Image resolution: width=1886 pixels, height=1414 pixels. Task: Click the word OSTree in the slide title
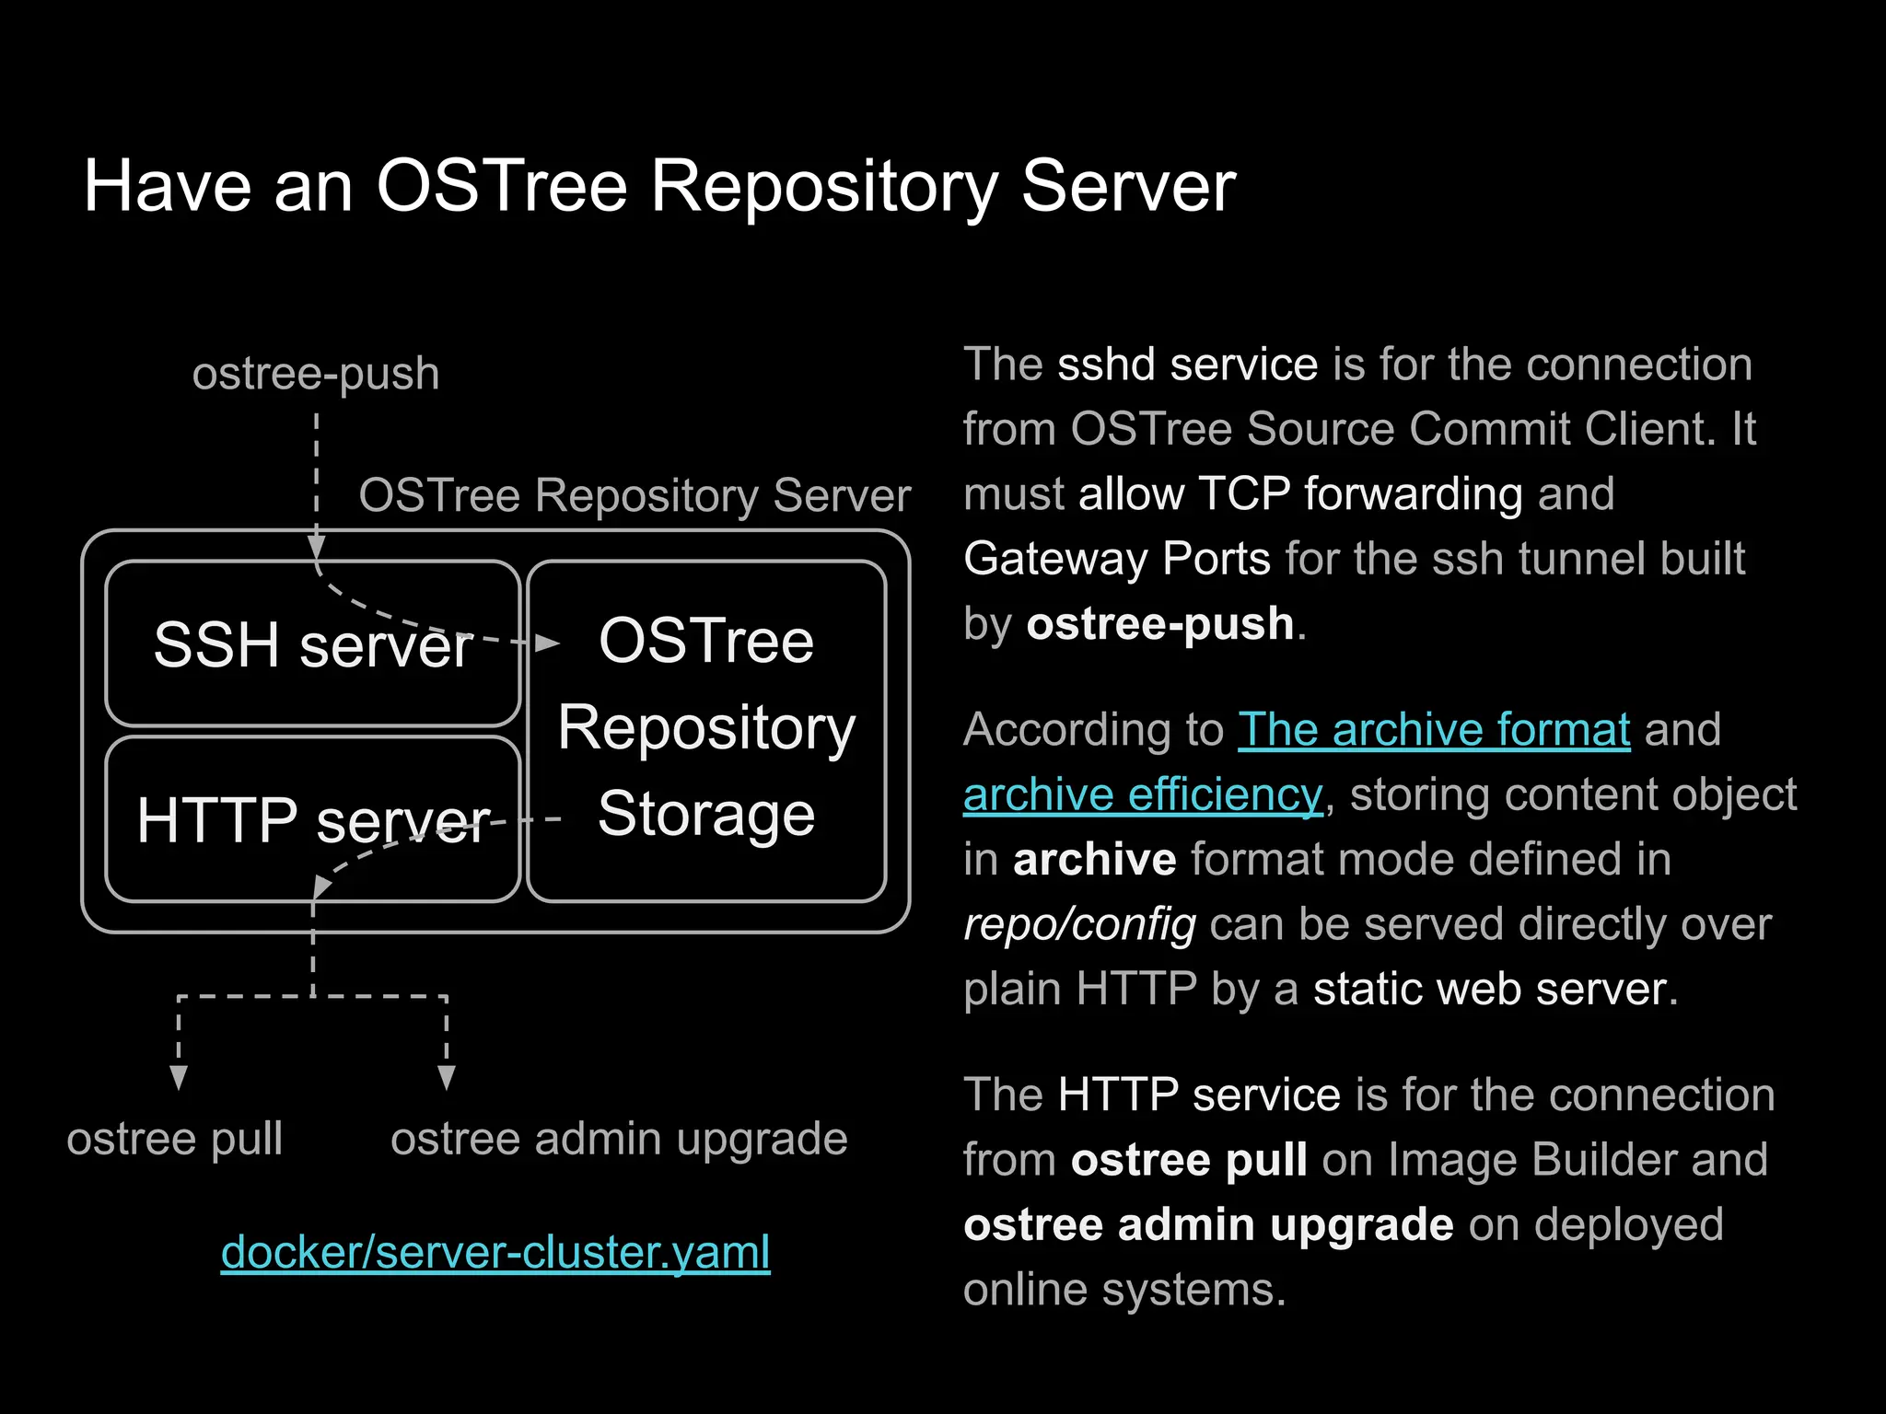502,187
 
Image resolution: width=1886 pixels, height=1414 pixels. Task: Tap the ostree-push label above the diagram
316,374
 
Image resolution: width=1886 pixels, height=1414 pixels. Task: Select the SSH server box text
313,644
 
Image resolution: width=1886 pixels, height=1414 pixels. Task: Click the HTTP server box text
313,820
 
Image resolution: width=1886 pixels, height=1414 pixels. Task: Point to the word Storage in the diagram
706,815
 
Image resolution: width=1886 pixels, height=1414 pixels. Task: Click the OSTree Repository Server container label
634,495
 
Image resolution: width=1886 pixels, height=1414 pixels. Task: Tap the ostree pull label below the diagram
175,1140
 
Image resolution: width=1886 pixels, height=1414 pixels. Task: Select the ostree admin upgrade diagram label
619,1140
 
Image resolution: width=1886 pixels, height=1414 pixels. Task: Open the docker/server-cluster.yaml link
495,1253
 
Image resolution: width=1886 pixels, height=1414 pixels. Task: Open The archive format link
1434,730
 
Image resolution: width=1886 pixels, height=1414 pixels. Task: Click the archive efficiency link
1143,794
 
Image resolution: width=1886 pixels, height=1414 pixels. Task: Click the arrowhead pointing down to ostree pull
179,1077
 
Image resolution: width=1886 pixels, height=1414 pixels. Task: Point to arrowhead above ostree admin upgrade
447,1077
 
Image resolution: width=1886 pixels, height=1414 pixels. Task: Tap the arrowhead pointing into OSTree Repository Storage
548,643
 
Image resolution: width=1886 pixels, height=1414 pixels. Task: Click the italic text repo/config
1079,924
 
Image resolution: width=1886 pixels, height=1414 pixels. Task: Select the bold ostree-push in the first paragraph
1160,624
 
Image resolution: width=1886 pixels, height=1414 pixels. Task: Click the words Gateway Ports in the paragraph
1116,559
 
